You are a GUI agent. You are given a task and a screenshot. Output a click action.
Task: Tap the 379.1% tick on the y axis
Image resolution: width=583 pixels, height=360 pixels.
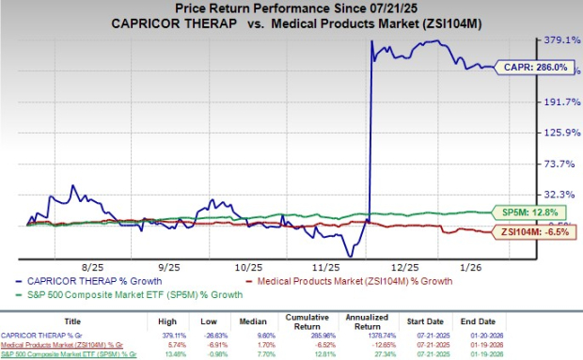point(550,40)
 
